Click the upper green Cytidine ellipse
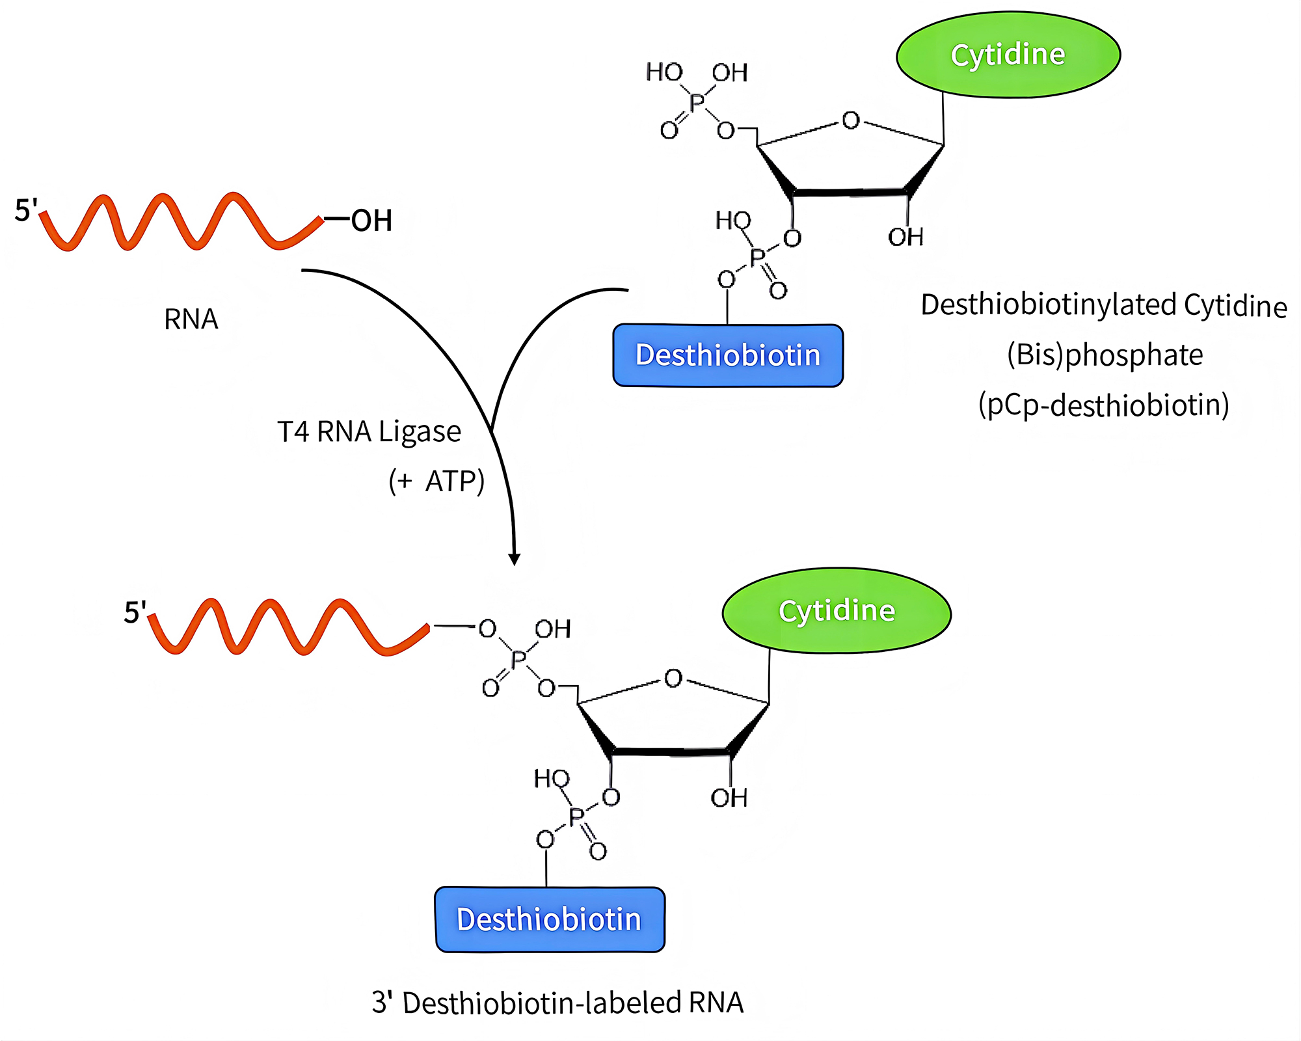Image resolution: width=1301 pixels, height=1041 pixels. pyautogui.click(x=1008, y=55)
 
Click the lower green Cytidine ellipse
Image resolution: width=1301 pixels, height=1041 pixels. pyautogui.click(x=837, y=611)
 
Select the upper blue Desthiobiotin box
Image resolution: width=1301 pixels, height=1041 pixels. pyautogui.click(x=728, y=355)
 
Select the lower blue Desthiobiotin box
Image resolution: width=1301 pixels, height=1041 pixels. pyautogui.click(x=550, y=919)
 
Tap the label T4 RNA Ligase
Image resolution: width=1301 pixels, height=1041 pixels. pyautogui.click(x=369, y=432)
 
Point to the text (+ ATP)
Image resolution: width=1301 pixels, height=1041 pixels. pyautogui.click(x=436, y=481)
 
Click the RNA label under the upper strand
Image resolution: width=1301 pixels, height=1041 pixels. pyautogui.click(x=191, y=319)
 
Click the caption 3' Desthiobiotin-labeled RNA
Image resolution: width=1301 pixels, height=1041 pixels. pyautogui.click(x=557, y=1003)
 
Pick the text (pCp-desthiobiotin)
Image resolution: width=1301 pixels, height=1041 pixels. pyautogui.click(x=1104, y=405)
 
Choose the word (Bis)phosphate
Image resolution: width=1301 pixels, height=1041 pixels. pyautogui.click(x=1105, y=355)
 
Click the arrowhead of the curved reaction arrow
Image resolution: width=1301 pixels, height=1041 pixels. pyautogui.click(x=514, y=560)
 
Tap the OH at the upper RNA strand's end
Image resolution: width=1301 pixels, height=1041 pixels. pyautogui.click(x=371, y=221)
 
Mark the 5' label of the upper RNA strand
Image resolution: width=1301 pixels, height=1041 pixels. pyautogui.click(x=26, y=210)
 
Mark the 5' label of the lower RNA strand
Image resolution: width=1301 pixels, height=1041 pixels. pyautogui.click(x=135, y=612)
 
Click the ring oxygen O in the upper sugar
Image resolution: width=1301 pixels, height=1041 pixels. pyautogui.click(x=850, y=121)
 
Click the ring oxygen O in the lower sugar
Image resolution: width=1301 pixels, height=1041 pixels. pyautogui.click(x=673, y=679)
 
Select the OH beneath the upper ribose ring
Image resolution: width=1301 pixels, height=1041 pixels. pyautogui.click(x=905, y=237)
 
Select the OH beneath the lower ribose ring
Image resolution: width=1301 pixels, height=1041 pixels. pyautogui.click(x=729, y=798)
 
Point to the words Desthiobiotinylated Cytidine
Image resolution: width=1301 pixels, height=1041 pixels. pyautogui.click(x=1104, y=305)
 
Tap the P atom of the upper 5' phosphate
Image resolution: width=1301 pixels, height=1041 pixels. pyautogui.click(x=697, y=102)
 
